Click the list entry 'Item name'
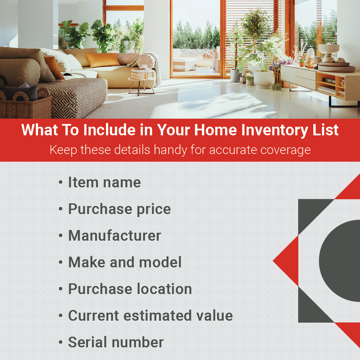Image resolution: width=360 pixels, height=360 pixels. pos(104,183)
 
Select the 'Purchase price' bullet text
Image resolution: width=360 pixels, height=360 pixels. pos(120,209)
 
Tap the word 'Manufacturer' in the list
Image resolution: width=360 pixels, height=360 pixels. pos(115,236)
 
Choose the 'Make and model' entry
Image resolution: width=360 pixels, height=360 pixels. pos(125,262)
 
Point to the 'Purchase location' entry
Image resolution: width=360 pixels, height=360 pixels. pos(130,289)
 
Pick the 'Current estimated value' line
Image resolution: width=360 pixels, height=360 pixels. pos(151,315)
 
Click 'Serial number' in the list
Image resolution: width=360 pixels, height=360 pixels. pos(116,342)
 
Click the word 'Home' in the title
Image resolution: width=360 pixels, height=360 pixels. pos(215,130)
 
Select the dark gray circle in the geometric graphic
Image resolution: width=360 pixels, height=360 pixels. pos(340,261)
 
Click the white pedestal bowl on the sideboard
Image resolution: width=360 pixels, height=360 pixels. pos(328,52)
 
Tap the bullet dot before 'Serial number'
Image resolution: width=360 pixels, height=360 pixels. pos(61,343)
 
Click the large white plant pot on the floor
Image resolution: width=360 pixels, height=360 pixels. pos(264,79)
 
